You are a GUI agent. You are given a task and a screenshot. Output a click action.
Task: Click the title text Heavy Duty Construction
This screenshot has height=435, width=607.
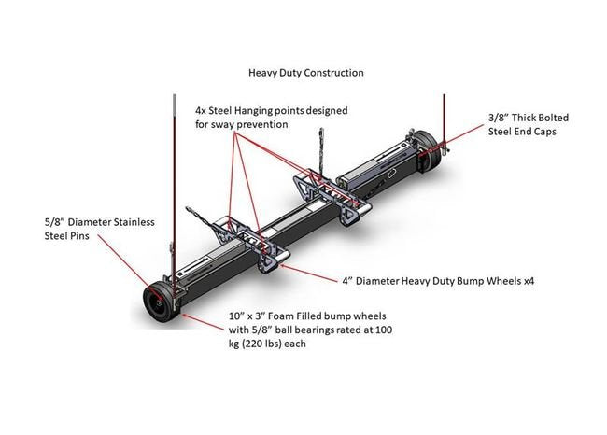point(305,72)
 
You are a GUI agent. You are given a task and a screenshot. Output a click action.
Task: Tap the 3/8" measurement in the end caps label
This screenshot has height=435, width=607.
point(500,119)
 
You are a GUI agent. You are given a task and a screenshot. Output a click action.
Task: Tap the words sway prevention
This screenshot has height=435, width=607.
point(248,124)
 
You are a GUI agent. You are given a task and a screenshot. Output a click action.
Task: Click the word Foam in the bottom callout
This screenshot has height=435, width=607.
point(286,316)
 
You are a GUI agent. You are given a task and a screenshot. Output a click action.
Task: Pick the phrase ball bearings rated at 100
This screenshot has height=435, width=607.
point(314,330)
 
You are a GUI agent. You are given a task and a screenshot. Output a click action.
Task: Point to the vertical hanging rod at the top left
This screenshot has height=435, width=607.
point(173,140)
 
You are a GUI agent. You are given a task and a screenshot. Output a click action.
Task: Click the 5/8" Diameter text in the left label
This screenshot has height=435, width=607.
point(74,221)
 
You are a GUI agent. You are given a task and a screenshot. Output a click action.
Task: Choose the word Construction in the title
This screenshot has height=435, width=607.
point(333,72)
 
